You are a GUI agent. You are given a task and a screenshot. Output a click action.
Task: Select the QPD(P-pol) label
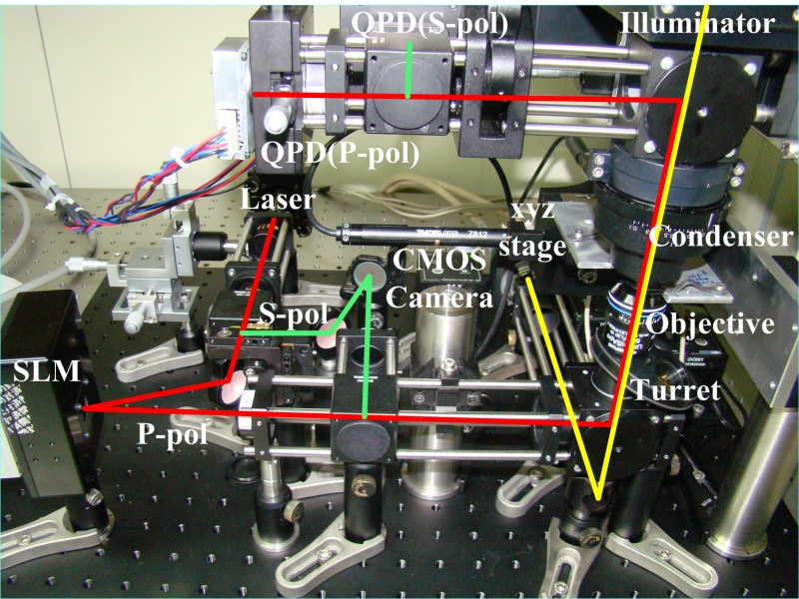pos(340,153)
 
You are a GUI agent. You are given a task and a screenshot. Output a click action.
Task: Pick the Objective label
pos(709,324)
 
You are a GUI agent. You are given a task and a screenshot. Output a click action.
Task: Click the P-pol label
pos(172,436)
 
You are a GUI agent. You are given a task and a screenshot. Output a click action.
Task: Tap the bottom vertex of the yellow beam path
pos(596,496)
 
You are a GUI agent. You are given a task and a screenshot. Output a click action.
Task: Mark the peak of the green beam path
pos(369,277)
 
